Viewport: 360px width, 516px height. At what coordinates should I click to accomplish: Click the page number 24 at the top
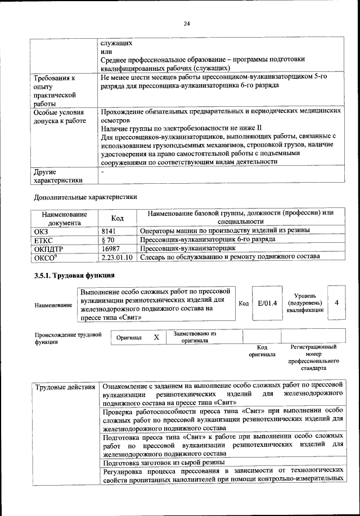click(x=186, y=23)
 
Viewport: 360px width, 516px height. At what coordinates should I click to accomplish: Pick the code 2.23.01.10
click(x=117, y=257)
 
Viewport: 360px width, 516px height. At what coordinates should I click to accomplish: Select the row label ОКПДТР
click(x=48, y=248)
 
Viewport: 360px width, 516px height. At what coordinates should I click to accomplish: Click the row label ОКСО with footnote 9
click(x=46, y=257)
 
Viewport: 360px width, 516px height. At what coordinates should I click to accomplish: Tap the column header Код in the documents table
click(x=117, y=218)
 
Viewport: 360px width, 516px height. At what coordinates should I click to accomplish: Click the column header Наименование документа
click(x=64, y=218)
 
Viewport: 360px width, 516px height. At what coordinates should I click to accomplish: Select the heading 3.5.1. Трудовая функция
click(x=74, y=275)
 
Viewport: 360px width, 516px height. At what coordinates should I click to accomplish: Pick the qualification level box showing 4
click(x=336, y=302)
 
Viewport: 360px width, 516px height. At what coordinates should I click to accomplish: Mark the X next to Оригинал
click(x=157, y=337)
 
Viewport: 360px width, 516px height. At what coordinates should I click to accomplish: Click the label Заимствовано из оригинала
click(x=195, y=337)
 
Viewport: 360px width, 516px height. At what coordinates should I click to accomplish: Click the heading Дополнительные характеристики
click(x=85, y=197)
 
